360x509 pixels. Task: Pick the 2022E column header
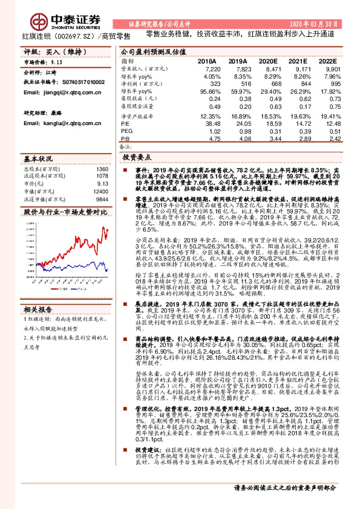(329, 62)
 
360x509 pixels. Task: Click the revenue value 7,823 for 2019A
(237, 70)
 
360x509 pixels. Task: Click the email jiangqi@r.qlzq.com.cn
(53, 92)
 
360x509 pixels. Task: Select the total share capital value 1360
(102, 169)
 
